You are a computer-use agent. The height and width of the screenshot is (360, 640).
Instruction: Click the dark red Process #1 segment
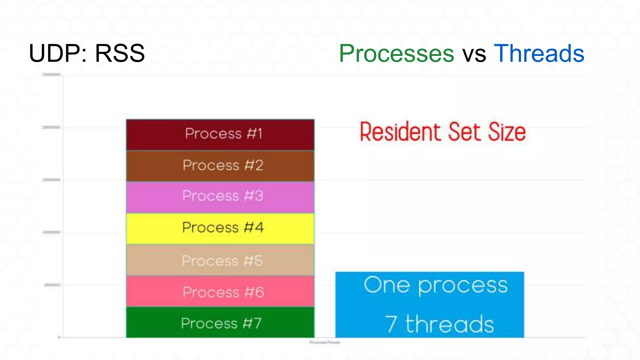pyautogui.click(x=220, y=135)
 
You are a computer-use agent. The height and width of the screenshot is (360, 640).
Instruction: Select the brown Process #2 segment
pyautogui.click(x=220, y=166)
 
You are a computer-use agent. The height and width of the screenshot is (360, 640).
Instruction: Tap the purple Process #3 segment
pyautogui.click(x=220, y=197)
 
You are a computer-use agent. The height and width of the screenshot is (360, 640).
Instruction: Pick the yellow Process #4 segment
pyautogui.click(x=220, y=228)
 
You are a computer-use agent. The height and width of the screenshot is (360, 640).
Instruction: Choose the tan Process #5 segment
pyautogui.click(x=220, y=260)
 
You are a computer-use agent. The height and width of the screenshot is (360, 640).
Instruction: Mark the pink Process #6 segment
pyautogui.click(x=220, y=291)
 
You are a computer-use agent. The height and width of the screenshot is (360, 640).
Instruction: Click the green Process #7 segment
pyautogui.click(x=220, y=322)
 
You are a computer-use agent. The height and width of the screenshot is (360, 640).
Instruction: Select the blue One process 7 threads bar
pyautogui.click(x=430, y=305)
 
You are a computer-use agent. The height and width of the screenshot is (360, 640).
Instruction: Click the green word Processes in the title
pyautogui.click(x=396, y=53)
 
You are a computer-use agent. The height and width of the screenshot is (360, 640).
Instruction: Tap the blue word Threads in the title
pyautogui.click(x=539, y=53)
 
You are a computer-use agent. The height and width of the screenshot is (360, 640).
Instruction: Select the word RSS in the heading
pyautogui.click(x=120, y=53)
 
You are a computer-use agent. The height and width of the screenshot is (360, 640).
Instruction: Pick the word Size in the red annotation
pyautogui.click(x=507, y=132)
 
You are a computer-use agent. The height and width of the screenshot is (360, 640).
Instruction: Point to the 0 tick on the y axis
pyautogui.click(x=59, y=337)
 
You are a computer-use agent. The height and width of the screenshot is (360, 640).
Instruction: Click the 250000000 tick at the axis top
pyautogui.click(x=51, y=75)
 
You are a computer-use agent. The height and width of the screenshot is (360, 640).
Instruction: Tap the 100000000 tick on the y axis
pyautogui.click(x=51, y=232)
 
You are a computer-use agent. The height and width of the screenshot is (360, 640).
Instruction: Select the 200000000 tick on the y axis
pyautogui.click(x=51, y=127)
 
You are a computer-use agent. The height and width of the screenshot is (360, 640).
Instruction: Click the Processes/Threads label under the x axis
pyautogui.click(x=325, y=342)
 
